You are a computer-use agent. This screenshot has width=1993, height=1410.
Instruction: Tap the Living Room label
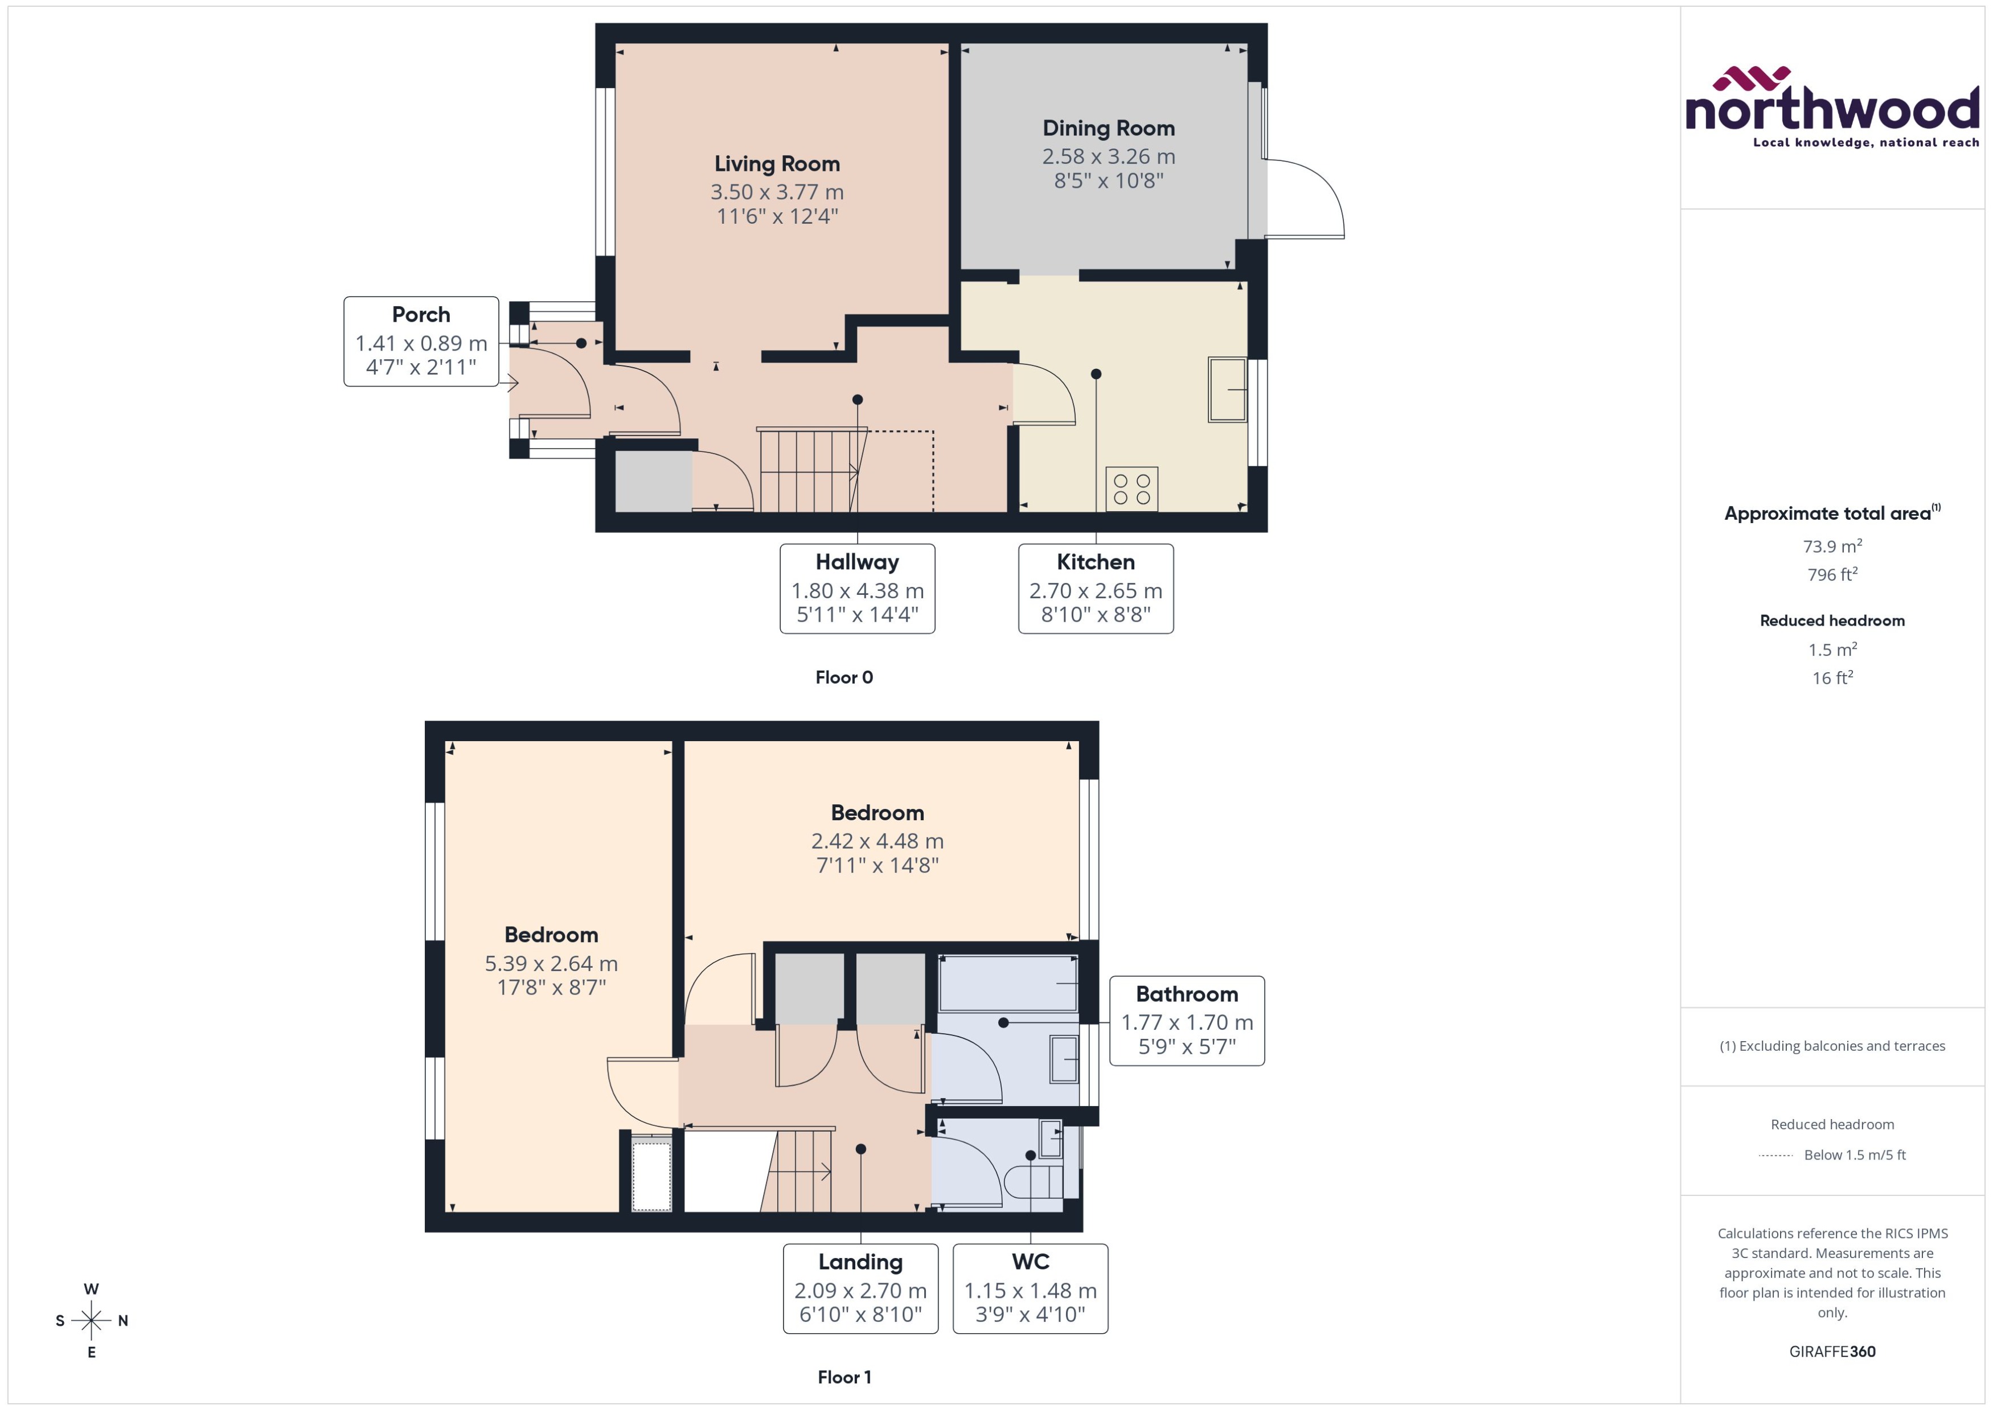pyautogui.click(x=776, y=163)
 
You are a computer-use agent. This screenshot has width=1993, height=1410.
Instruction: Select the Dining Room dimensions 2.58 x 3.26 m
pyautogui.click(x=1108, y=157)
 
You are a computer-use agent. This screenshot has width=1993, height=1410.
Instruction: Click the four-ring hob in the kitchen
pyautogui.click(x=1131, y=489)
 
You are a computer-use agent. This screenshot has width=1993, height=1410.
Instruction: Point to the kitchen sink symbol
pyautogui.click(x=1226, y=390)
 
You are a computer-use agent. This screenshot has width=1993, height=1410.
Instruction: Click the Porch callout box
pyautogui.click(x=421, y=341)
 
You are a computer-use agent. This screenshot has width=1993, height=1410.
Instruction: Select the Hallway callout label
pyautogui.click(x=857, y=562)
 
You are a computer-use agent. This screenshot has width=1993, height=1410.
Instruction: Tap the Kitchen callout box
pyautogui.click(x=1095, y=589)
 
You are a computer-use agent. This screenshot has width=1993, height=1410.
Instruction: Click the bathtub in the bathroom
pyautogui.click(x=1007, y=984)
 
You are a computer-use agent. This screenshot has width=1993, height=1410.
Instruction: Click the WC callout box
pyautogui.click(x=1030, y=1288)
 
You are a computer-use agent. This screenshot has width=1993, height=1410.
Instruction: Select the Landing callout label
pyautogui.click(x=860, y=1261)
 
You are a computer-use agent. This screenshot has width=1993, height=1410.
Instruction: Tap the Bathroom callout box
pyautogui.click(x=1186, y=1020)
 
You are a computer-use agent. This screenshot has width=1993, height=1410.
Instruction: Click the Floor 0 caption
pyautogui.click(x=843, y=677)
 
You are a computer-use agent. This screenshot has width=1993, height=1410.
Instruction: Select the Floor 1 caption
pyautogui.click(x=843, y=1377)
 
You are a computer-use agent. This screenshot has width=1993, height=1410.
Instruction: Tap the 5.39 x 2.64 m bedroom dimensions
pyautogui.click(x=551, y=963)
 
